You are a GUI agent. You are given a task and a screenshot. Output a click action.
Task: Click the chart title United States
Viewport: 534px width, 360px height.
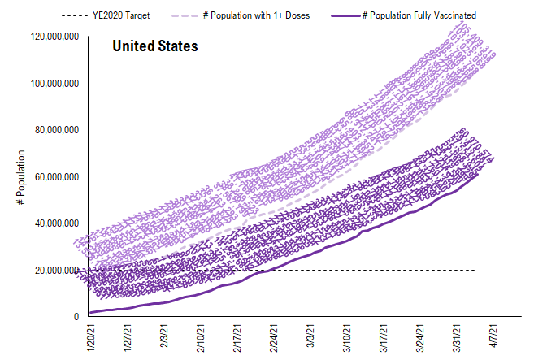click(x=154, y=46)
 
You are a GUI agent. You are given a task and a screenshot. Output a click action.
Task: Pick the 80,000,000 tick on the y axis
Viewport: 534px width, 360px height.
click(x=56, y=130)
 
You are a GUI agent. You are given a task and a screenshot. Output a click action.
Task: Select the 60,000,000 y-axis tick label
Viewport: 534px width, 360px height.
click(x=56, y=176)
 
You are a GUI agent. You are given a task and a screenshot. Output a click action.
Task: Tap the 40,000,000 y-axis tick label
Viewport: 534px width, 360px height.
click(x=56, y=223)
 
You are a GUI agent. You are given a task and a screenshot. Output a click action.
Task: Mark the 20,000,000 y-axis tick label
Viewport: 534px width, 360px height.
click(x=56, y=270)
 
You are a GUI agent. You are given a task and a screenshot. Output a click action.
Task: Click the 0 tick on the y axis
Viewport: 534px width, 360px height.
click(x=75, y=316)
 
